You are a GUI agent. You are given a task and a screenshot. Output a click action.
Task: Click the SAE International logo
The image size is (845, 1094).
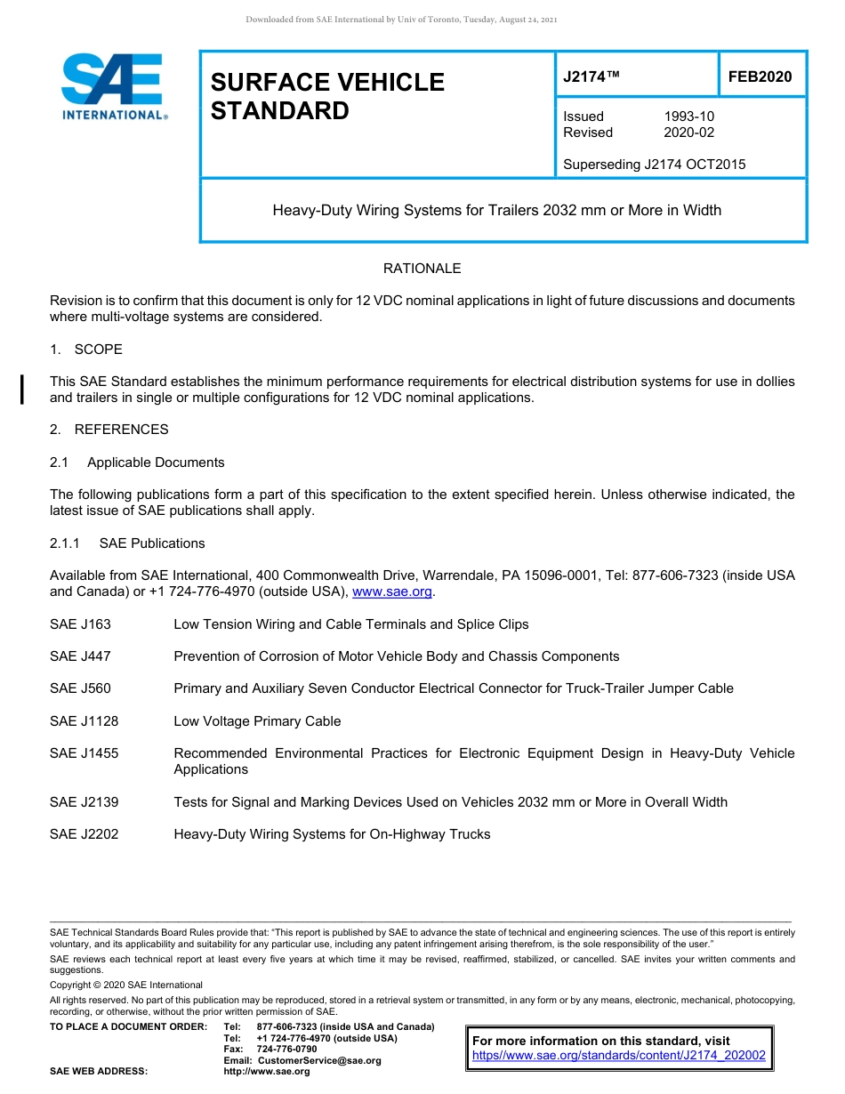[x=113, y=87]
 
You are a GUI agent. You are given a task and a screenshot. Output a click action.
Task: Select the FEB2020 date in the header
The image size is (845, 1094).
[x=760, y=77]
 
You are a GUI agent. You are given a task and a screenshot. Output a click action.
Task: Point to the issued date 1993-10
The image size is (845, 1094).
[x=688, y=117]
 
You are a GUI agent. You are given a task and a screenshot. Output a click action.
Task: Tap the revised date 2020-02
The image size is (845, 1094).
[x=688, y=133]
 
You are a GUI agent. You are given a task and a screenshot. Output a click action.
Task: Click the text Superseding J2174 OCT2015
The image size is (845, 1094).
[x=654, y=164]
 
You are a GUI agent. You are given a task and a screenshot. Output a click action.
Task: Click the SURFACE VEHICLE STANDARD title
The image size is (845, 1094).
[x=326, y=96]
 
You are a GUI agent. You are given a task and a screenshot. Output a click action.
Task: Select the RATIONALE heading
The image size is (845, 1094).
[x=422, y=269]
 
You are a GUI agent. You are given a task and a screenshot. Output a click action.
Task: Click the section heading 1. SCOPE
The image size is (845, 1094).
[x=86, y=349]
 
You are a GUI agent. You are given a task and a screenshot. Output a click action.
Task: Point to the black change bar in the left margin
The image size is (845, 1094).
[x=22, y=390]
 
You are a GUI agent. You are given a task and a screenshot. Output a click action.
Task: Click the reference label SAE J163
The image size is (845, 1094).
[x=80, y=624]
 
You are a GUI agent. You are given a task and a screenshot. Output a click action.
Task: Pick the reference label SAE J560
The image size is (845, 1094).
[x=80, y=688]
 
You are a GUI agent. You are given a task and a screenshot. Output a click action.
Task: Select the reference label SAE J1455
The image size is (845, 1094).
[x=84, y=753]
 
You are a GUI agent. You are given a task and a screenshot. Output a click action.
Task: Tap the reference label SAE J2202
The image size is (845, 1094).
[x=84, y=834]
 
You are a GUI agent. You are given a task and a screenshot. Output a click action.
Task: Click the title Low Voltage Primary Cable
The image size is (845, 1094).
[x=257, y=721]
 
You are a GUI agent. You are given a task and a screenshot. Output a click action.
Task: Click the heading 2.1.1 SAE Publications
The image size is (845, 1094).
[x=127, y=543]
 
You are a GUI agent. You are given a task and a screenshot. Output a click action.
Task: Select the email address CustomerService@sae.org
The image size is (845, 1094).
[x=318, y=1060]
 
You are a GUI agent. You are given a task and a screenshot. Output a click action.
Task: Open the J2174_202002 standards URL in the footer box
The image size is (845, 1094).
[x=618, y=1057]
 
